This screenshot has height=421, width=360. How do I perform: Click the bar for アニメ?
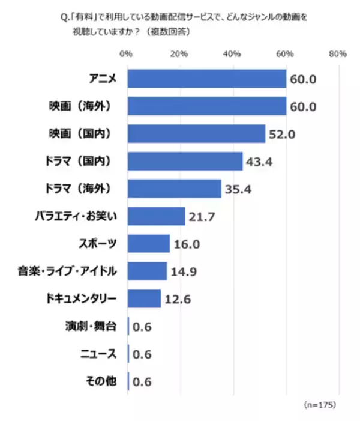tap(207, 79)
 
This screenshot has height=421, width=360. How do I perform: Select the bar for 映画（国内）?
tap(197, 134)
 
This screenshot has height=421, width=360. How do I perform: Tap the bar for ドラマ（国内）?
tap(185, 161)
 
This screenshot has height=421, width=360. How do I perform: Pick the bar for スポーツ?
tap(149, 243)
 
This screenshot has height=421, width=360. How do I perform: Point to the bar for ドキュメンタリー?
tap(145, 298)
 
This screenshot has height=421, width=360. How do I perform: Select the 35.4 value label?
tap(238, 189)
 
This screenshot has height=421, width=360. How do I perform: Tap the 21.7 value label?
tap(202, 216)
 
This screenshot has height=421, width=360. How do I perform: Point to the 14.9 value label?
tap(184, 271)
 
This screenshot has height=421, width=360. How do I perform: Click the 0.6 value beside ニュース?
tap(142, 354)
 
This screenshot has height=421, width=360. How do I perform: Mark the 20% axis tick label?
tap(179, 55)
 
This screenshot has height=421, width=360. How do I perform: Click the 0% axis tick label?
tap(127, 55)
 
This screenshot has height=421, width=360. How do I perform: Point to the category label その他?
tap(100, 381)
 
